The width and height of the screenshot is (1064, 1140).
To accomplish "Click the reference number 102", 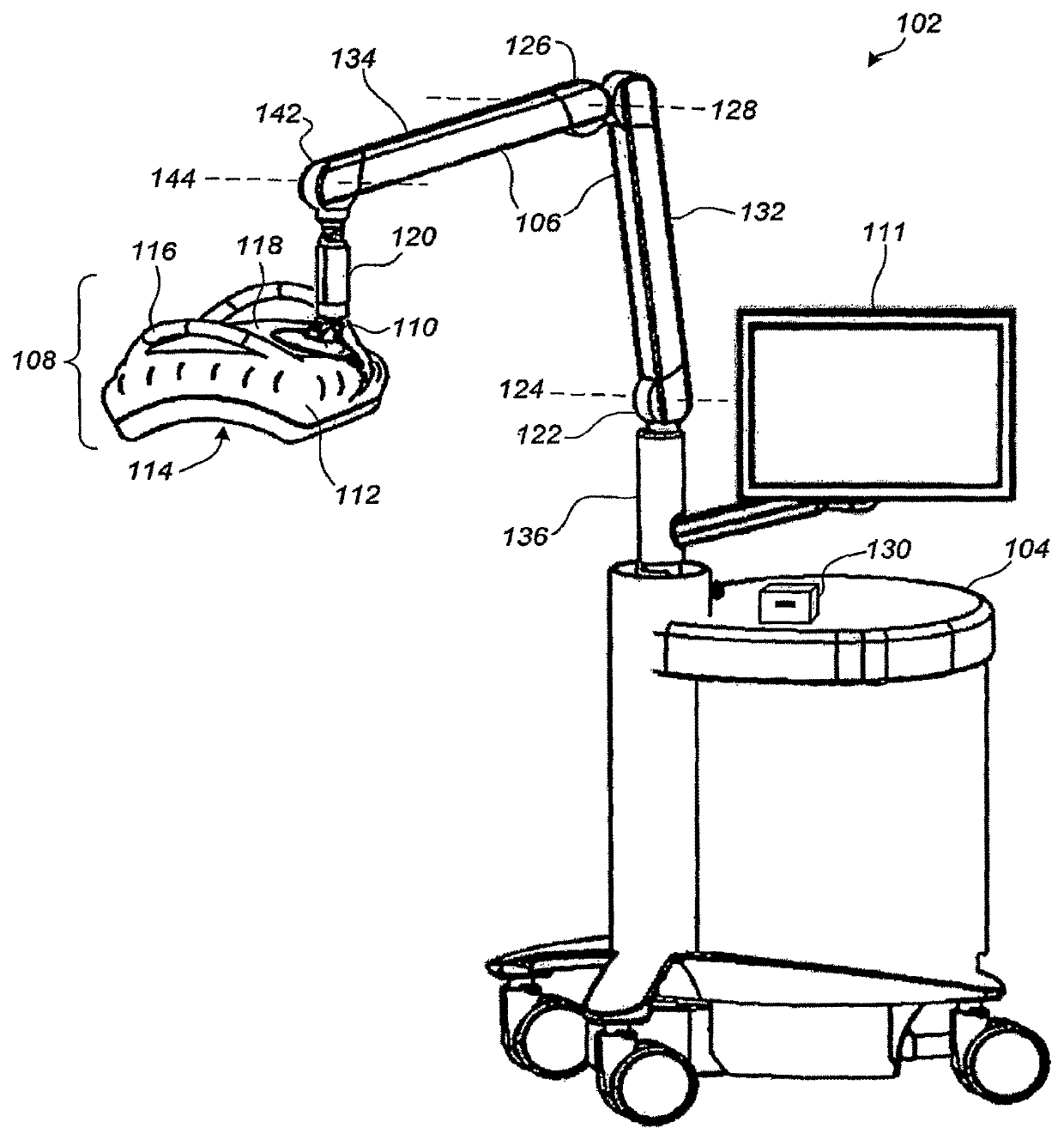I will (919, 23).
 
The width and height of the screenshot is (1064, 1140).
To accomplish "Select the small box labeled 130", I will (787, 603).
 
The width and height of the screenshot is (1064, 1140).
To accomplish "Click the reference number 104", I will (1025, 549).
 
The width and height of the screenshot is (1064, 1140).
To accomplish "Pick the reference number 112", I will (358, 494).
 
